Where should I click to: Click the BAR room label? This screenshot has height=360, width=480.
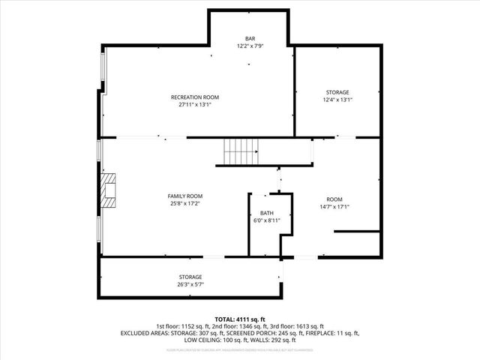[250, 38]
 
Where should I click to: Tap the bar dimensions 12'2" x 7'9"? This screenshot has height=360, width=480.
[250, 46]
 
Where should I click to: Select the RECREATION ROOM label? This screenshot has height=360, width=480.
[195, 97]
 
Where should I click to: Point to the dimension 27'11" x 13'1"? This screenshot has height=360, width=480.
[195, 105]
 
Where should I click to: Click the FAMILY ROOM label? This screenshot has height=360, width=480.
[184, 196]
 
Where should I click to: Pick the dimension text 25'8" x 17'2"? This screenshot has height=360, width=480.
[184, 203]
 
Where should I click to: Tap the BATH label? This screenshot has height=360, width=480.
[267, 213]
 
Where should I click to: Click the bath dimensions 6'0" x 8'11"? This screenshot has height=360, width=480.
[267, 220]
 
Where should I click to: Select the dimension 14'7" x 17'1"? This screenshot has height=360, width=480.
[334, 207]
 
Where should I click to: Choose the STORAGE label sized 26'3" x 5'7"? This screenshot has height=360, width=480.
[190, 277]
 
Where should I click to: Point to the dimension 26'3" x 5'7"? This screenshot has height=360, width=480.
[190, 285]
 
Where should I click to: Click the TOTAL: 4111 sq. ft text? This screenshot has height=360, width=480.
[239, 319]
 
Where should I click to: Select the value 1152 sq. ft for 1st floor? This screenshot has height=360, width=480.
[190, 326]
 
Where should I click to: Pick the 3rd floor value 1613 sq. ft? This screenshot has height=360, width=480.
[307, 326]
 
